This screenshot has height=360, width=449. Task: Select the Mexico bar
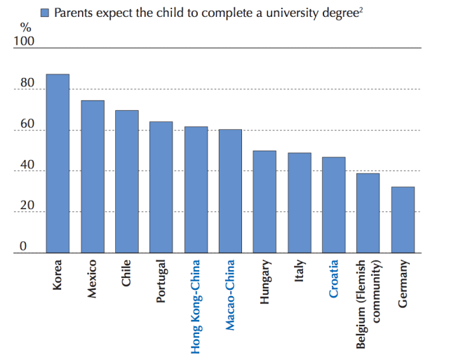93,176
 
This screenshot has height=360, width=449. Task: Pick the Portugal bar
161,187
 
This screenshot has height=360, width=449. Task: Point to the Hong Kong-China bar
196,189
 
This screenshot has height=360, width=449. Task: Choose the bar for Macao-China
230,191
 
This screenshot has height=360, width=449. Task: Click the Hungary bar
264,201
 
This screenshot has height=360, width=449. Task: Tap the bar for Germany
403,220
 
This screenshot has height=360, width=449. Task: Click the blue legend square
45,13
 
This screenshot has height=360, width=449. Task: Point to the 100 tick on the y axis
24,41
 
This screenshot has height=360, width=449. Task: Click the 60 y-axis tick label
25,124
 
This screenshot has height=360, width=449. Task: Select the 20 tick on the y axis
25,206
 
